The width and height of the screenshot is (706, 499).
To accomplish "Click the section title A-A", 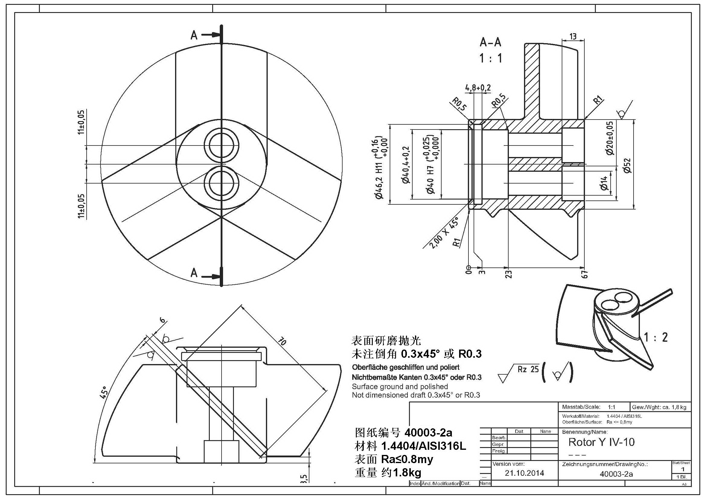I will coord(490,43).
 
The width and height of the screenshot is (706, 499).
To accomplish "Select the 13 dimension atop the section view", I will coord(573,37).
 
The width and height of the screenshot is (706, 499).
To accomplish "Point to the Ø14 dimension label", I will coord(604,183).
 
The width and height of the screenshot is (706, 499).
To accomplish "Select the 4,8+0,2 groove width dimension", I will coord(478,88).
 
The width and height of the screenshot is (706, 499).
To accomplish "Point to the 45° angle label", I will coord(104,393).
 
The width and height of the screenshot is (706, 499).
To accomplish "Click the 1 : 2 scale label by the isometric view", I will coord(656,337).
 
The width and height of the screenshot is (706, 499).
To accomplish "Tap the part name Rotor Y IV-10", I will coord(602,442).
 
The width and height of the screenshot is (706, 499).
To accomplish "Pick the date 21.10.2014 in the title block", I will coord(524,473).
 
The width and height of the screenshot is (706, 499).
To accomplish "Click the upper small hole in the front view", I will coord(221,145).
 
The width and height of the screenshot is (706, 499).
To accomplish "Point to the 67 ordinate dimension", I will coord(585,274).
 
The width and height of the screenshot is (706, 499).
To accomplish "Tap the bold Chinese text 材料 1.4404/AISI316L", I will coord(410,446).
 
